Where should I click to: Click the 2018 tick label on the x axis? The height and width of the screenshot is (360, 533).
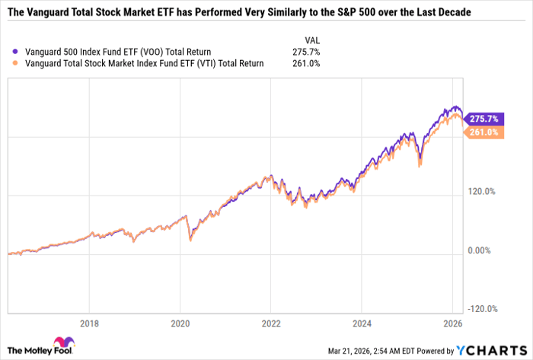pos(90,321)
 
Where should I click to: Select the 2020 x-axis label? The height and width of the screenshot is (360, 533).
pos(180,321)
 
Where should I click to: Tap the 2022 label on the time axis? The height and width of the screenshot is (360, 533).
pos(270,321)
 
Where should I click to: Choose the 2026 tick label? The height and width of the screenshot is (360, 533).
pos(451,321)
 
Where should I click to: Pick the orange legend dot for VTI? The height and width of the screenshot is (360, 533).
pos(8,63)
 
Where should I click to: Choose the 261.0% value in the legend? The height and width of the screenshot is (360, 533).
pos(305,63)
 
